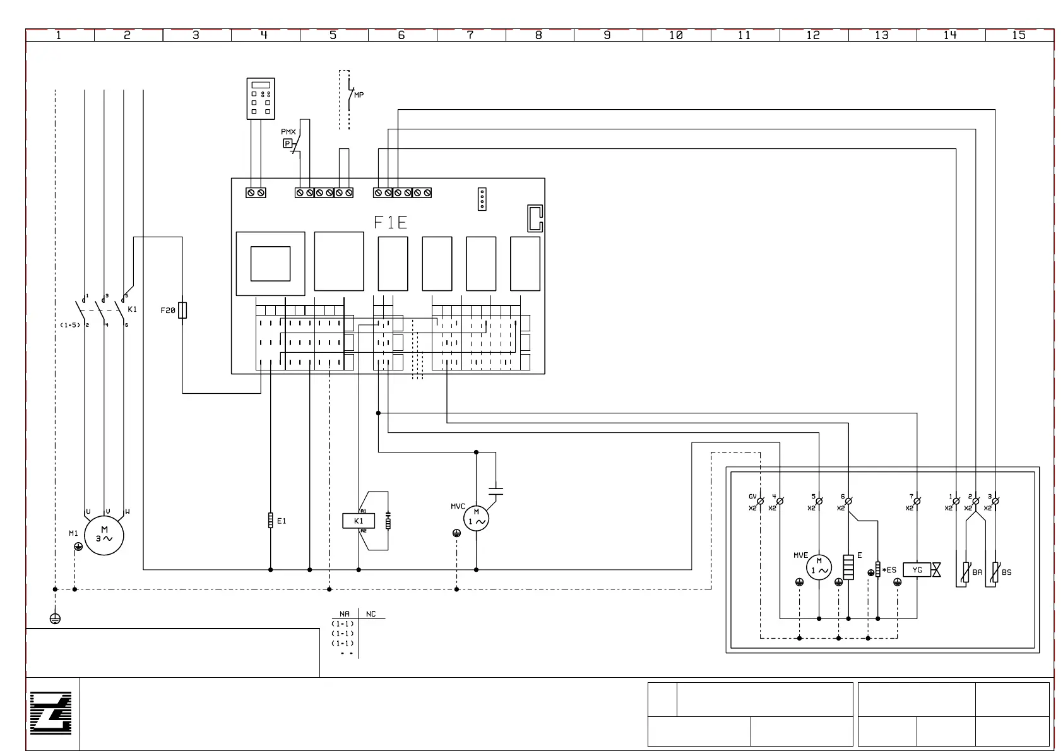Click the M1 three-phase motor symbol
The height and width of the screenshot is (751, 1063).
coord(104,535)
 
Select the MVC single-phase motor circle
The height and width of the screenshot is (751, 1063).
coord(476,519)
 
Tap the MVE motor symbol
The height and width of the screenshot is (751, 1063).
coord(819,567)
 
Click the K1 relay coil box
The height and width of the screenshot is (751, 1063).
coord(359,521)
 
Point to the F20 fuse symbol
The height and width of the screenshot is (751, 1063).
coord(182,310)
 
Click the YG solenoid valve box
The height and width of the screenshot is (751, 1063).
coord(917,570)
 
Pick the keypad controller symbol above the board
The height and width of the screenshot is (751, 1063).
coord(261,98)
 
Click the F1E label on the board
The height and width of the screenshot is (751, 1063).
coord(390,222)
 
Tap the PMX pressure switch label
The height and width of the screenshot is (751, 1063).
coord(288,132)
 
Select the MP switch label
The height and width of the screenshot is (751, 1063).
coord(359,95)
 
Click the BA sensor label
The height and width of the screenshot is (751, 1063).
coord(977,572)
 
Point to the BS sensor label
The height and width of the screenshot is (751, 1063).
coord(1006,572)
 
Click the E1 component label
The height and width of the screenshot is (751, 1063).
coord(282,521)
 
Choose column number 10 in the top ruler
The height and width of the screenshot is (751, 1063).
coord(676,35)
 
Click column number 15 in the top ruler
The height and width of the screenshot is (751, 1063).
coord(1019,35)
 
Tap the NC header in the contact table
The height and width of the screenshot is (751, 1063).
coord(371,614)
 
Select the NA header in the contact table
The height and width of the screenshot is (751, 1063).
coord(345,614)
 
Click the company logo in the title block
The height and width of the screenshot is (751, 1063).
coord(51,713)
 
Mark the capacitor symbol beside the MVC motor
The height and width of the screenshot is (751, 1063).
coord(496,490)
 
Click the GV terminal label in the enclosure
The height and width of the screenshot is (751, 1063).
coord(752,497)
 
